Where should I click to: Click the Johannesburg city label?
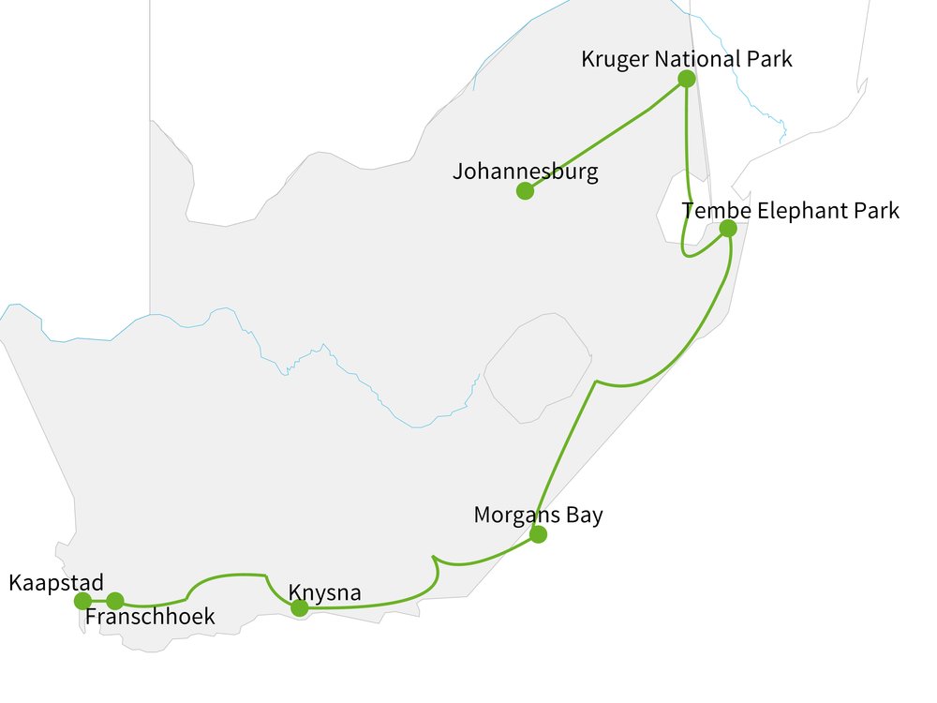525,172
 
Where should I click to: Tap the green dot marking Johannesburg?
525,191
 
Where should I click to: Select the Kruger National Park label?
686,59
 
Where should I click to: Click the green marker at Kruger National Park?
686,79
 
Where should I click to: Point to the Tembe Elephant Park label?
790,210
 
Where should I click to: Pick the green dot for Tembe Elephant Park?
727,228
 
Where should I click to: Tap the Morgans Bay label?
538,515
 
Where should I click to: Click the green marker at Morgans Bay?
538,535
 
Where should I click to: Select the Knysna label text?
324,592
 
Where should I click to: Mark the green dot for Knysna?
299,608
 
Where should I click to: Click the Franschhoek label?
150,617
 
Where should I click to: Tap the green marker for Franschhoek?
114,601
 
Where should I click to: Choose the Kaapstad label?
55,583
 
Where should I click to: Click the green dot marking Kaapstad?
82,601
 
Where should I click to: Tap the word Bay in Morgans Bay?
583,515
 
